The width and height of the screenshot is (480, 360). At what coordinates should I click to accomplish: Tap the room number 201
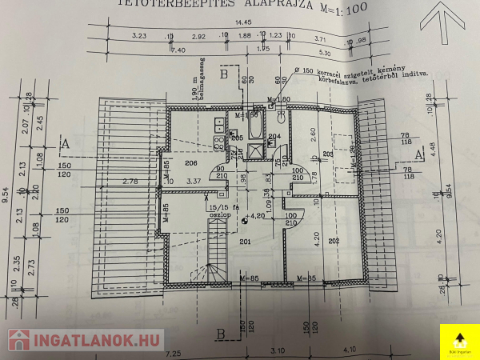245,242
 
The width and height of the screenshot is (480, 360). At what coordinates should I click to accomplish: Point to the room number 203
327,154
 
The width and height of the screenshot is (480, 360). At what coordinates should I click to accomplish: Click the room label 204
274,137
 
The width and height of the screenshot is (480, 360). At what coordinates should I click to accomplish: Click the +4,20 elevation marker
256,216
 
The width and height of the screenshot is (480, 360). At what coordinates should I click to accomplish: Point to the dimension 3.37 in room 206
193,182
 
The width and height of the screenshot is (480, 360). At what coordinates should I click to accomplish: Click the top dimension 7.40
180,50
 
